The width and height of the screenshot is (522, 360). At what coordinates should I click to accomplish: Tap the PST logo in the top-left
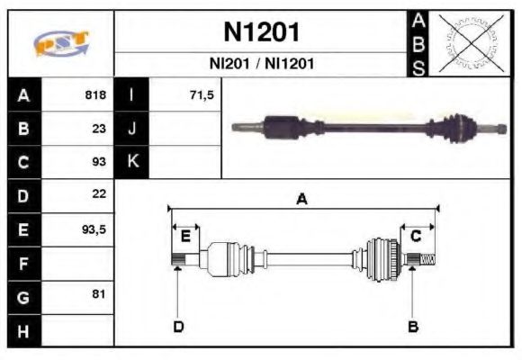tap(61, 44)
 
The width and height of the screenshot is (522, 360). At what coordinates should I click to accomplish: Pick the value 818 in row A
tap(95, 95)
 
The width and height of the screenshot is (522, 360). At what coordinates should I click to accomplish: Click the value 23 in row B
tap(99, 129)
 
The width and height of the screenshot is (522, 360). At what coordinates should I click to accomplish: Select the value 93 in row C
tap(99, 162)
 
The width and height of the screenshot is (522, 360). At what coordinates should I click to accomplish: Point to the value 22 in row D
tap(99, 194)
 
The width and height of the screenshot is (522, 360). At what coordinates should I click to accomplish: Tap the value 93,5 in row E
tap(94, 229)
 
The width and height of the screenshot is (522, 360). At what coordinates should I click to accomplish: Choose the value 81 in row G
tap(99, 294)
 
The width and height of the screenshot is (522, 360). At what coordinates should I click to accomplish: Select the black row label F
tap(24, 264)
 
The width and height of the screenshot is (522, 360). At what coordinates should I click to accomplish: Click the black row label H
tap(24, 329)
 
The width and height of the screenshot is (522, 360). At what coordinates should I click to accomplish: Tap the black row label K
tap(132, 162)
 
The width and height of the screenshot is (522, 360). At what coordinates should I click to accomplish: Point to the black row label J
tap(132, 129)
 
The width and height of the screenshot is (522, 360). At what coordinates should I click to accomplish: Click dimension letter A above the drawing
tap(302, 200)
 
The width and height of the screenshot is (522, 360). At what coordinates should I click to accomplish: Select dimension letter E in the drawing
tap(185, 237)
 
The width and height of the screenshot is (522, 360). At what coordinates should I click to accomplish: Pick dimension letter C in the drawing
tap(416, 236)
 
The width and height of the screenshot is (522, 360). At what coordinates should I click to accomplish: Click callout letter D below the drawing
tap(177, 326)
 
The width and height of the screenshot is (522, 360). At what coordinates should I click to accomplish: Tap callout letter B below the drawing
tap(413, 326)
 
